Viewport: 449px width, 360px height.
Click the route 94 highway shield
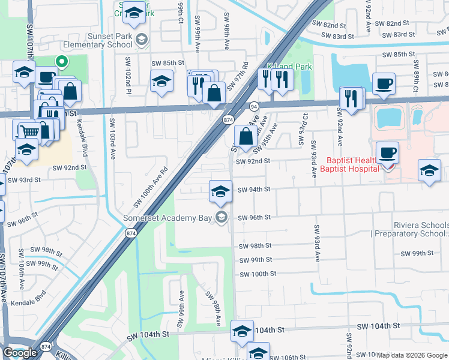[x=254, y=106]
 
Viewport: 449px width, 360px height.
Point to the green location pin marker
[x=61, y=61]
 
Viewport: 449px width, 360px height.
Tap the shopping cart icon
[x=28, y=130]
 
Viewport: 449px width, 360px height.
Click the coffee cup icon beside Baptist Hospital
[x=387, y=152]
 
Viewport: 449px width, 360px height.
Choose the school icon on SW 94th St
[x=220, y=191]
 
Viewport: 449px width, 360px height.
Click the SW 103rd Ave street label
[x=112, y=138]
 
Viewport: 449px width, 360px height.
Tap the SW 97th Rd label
[x=241, y=76]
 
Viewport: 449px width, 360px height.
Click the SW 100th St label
[x=258, y=274]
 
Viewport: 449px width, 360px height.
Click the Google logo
[x=20, y=353]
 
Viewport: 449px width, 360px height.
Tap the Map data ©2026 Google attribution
[x=412, y=355]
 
